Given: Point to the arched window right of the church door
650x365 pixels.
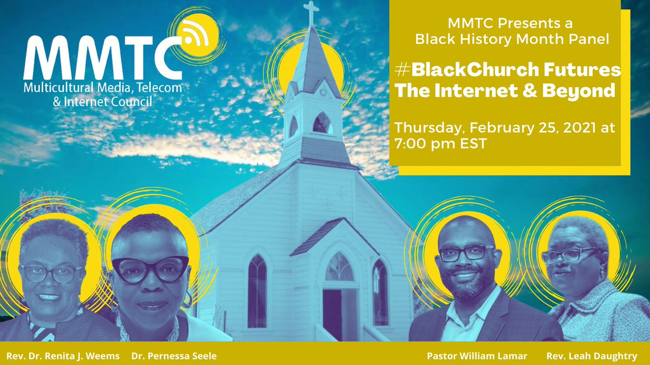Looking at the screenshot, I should [x=380, y=292].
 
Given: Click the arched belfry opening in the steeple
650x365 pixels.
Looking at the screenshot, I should [x=323, y=124].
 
